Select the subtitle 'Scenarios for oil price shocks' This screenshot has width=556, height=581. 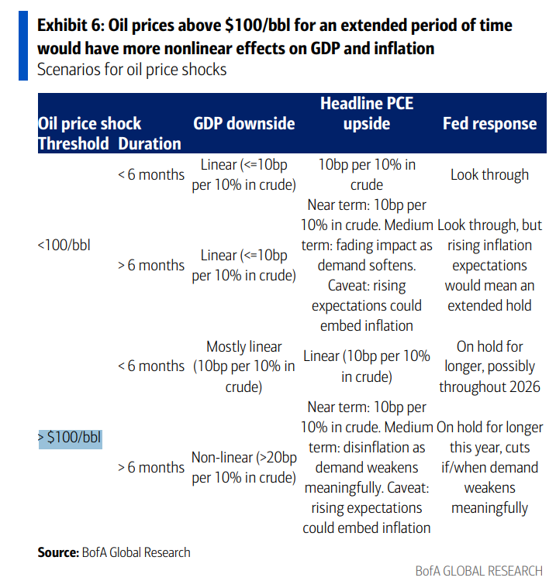132,70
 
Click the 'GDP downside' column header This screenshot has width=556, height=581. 244,124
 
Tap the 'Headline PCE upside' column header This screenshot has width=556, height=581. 367,114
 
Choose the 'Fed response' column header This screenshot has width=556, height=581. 489,124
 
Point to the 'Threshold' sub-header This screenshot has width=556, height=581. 74,143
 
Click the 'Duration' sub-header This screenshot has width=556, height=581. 150,143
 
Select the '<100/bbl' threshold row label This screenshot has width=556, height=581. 64,246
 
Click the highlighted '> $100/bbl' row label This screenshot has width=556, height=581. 69,437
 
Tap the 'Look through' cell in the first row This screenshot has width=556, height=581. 489,174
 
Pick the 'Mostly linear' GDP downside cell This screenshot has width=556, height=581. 244,366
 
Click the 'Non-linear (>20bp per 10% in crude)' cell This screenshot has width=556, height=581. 244,468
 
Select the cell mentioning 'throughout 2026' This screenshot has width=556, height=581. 489,366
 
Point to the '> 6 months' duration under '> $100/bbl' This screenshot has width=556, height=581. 151,467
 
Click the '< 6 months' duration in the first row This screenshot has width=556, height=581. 151,174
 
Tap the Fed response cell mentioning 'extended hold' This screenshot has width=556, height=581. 489,265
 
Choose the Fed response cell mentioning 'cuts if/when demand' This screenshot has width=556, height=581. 489,468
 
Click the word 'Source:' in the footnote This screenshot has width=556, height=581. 58,552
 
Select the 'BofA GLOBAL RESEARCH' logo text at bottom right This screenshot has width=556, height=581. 478,571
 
